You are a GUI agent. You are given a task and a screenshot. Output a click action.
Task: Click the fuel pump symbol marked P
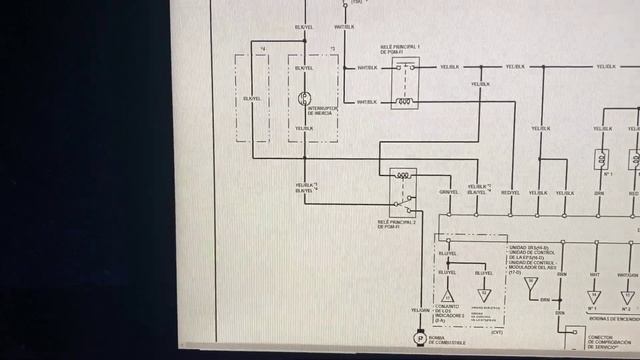[x=421, y=343]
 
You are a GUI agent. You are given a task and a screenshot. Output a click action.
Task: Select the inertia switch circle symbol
[x=305, y=99]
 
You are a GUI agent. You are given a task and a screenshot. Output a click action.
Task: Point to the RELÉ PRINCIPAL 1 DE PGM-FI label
[x=400, y=49]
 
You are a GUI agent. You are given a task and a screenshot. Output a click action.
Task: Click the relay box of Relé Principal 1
[x=405, y=86]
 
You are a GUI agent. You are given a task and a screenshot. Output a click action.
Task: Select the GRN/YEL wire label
[x=449, y=192]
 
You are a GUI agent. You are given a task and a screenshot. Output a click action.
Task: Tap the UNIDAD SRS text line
[x=530, y=246]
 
